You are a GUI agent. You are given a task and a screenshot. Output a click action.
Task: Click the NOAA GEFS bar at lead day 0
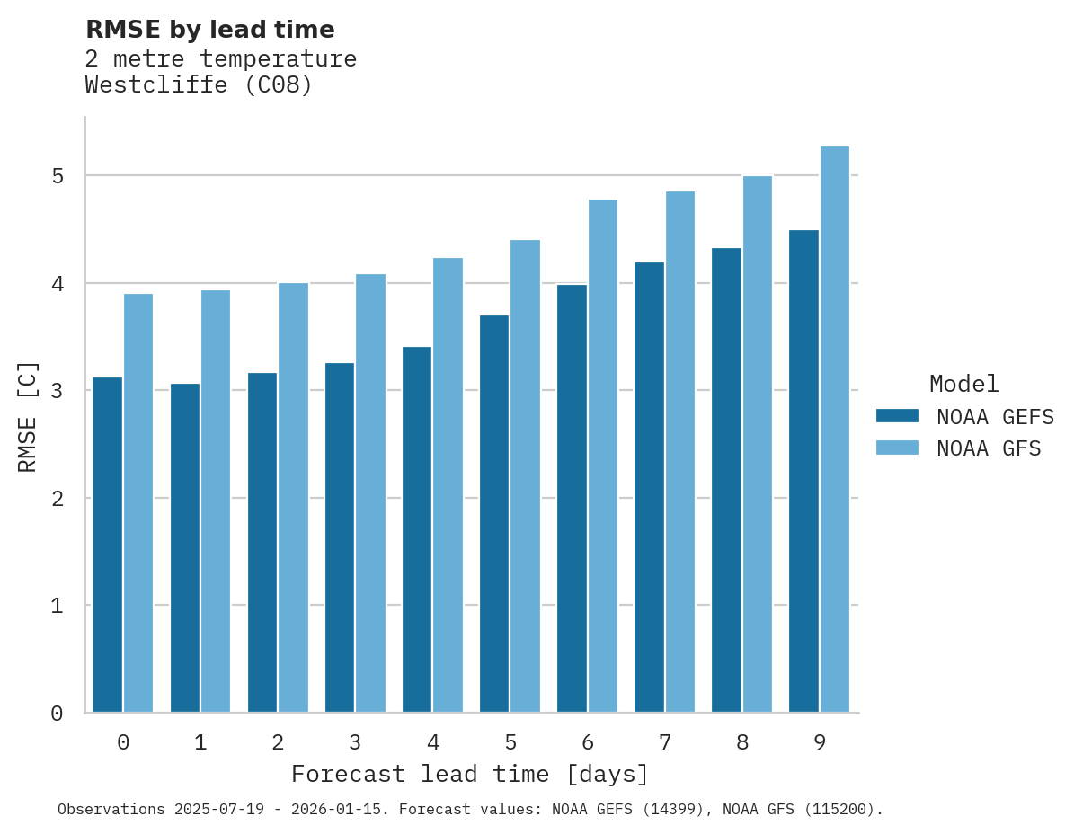107,545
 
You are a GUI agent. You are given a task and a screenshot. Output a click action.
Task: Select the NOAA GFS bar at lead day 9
835,430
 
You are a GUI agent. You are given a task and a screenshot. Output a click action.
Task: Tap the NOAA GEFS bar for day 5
494,513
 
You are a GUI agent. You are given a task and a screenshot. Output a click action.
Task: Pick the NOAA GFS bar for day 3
370,493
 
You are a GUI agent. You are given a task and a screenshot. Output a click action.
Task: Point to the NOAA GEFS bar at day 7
649,487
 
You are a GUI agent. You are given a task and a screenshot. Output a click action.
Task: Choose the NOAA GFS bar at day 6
602,456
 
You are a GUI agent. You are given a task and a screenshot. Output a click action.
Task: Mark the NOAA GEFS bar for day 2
262,542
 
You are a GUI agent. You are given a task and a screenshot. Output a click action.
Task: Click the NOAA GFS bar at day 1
216,501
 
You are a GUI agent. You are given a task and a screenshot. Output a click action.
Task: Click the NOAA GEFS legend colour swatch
897,416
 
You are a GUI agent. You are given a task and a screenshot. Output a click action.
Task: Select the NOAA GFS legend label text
989,448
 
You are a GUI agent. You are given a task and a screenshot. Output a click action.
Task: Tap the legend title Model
963,384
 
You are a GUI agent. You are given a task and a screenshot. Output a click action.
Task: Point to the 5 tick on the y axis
58,176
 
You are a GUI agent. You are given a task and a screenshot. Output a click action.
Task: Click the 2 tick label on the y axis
58,499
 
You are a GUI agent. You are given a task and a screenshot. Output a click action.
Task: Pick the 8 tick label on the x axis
742,742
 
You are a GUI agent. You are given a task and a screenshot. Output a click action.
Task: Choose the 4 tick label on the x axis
433,742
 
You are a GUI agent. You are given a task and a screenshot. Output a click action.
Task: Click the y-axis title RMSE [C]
28,416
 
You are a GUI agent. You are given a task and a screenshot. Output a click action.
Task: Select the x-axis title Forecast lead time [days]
469,774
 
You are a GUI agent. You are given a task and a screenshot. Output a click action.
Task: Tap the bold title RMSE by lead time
209,30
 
